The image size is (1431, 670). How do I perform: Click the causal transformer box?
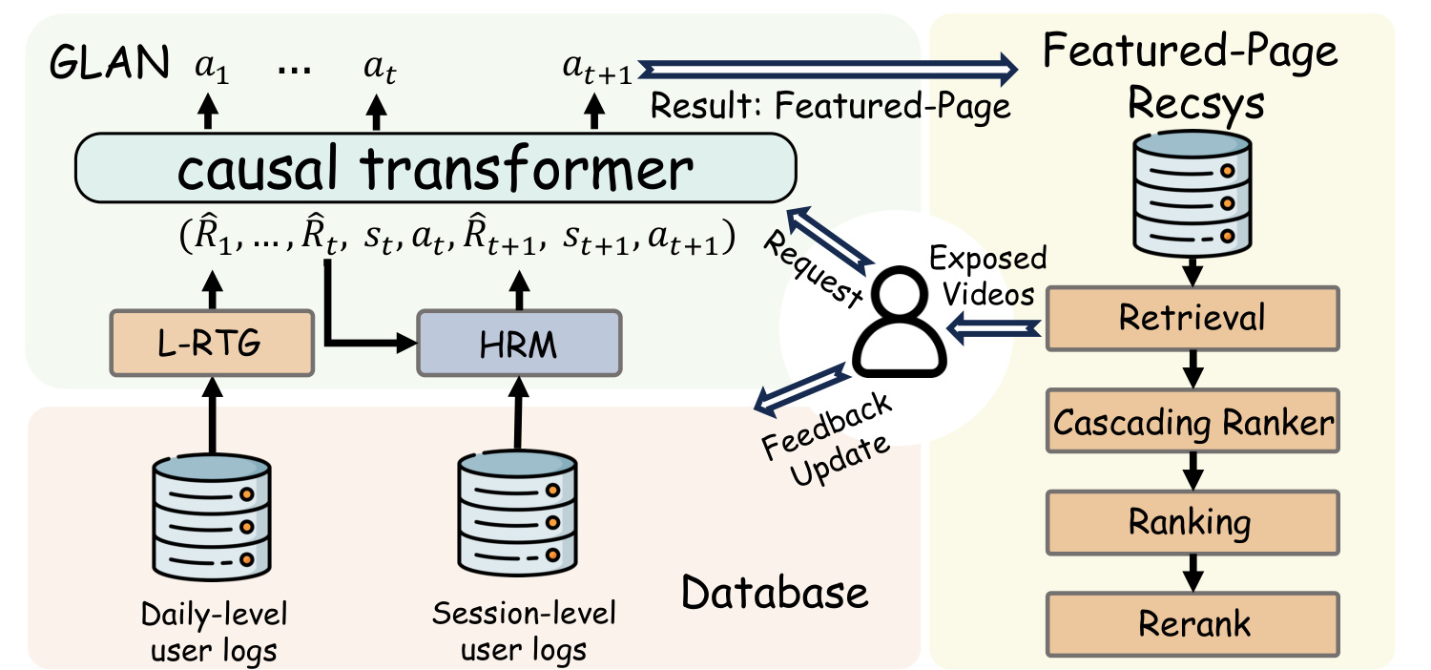436,168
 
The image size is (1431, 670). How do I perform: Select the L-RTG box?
212,344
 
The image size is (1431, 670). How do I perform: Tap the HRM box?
519,344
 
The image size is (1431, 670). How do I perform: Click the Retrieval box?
1192,319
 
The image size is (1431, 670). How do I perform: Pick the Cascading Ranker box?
1192,421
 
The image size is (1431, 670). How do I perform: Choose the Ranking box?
1192,522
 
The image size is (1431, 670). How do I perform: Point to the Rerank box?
1192,624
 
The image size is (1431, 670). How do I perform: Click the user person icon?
900,322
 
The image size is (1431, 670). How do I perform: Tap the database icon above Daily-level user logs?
212,516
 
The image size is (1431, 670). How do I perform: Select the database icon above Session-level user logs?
517,513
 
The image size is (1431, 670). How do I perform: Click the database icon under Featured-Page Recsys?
1192,193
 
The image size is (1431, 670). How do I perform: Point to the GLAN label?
110,63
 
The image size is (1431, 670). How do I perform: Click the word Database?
775,592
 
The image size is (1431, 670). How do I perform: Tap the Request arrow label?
813,269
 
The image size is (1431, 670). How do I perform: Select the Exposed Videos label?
988,276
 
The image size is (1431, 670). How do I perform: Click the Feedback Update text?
827,440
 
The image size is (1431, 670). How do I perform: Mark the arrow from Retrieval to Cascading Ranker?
1192,369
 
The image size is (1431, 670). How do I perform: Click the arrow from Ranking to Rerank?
1192,574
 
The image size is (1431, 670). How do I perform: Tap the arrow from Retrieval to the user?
993,328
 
